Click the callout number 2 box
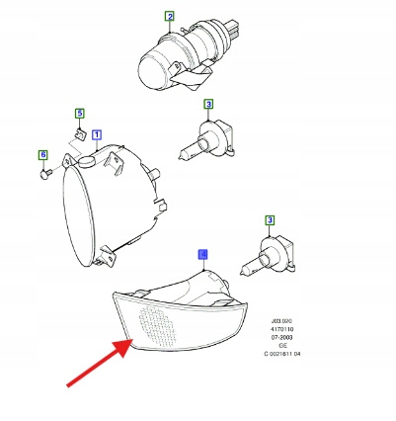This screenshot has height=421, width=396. click(169, 17)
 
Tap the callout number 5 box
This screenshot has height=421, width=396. click(80, 114)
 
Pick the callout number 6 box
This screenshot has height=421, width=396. click(42, 155)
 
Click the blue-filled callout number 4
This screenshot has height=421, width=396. click(202, 254)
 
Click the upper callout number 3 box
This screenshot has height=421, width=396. click(208, 104)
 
